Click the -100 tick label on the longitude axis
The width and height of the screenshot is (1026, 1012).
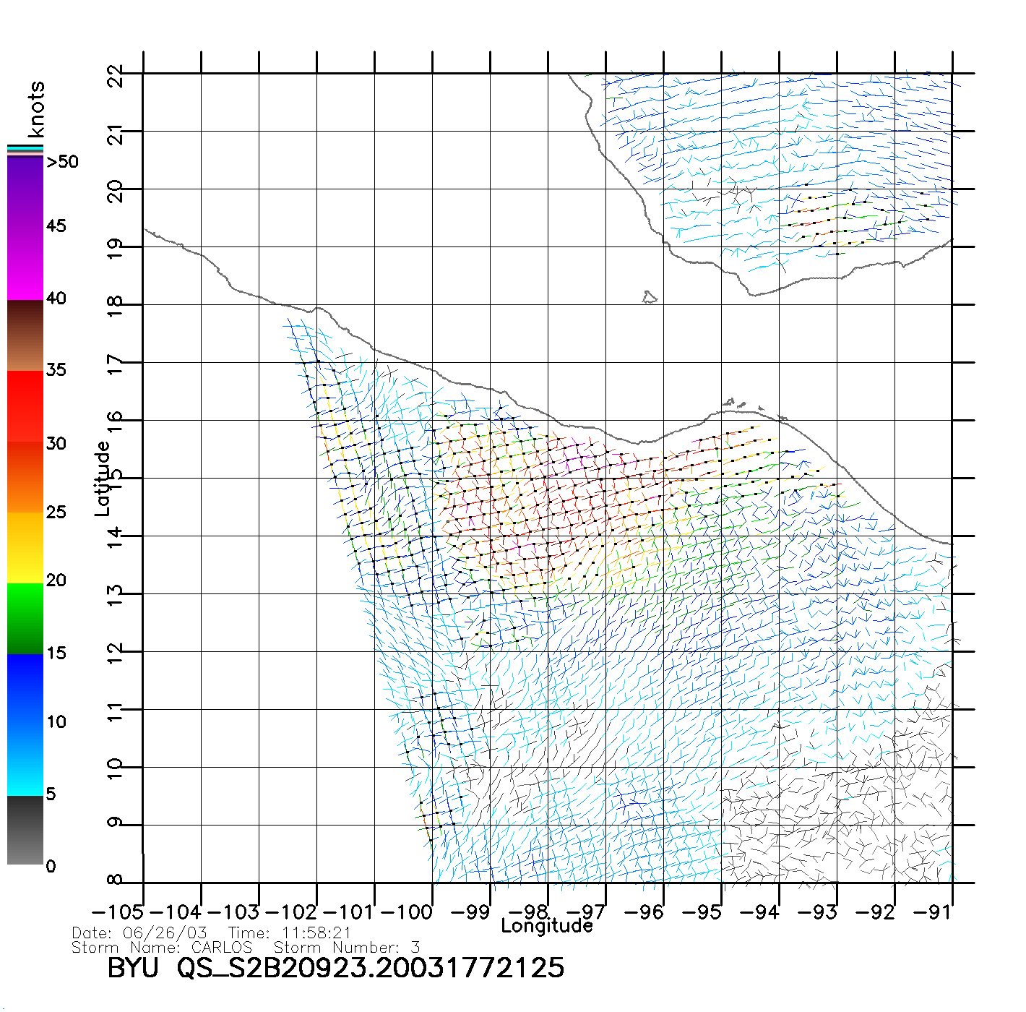(x=406, y=912)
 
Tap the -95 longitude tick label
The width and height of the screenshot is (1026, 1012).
(x=702, y=912)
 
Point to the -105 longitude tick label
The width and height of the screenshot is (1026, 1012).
(x=118, y=912)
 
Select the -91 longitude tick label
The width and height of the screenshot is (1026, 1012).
(x=933, y=912)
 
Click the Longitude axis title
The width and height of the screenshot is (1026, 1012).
(x=547, y=926)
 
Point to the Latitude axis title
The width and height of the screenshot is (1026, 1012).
(x=103, y=478)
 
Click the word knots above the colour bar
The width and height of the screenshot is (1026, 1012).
(x=36, y=109)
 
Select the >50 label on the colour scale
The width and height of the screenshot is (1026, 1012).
(x=62, y=162)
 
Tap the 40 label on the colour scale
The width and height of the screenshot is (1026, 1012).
(x=56, y=299)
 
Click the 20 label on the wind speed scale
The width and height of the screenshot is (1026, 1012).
(x=56, y=580)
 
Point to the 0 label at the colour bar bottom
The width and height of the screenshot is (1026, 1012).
(x=51, y=866)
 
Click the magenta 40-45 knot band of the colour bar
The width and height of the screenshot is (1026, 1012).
(x=25, y=264)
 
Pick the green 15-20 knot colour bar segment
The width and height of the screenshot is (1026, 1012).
(x=25, y=619)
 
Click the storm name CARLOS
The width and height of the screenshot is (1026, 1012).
(x=222, y=947)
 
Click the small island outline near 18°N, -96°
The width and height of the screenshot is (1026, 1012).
(x=649, y=297)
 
